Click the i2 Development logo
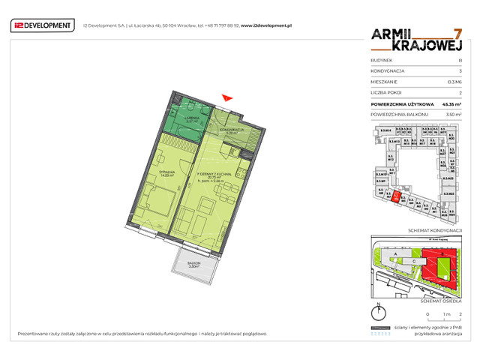click(43, 25)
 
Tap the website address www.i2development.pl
click(266, 25)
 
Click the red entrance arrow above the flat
click(228, 95)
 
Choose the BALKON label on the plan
click(193, 263)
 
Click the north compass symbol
click(378, 313)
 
